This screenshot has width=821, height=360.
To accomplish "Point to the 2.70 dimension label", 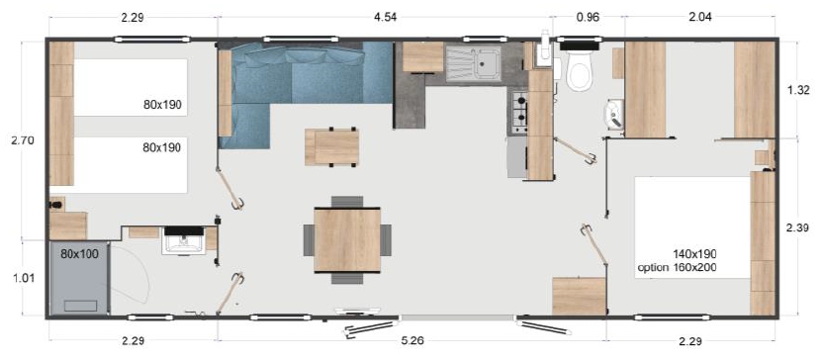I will click(22, 140).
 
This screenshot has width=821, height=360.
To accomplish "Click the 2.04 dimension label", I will click(698, 17).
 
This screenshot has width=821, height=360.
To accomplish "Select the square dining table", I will click(346, 239).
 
